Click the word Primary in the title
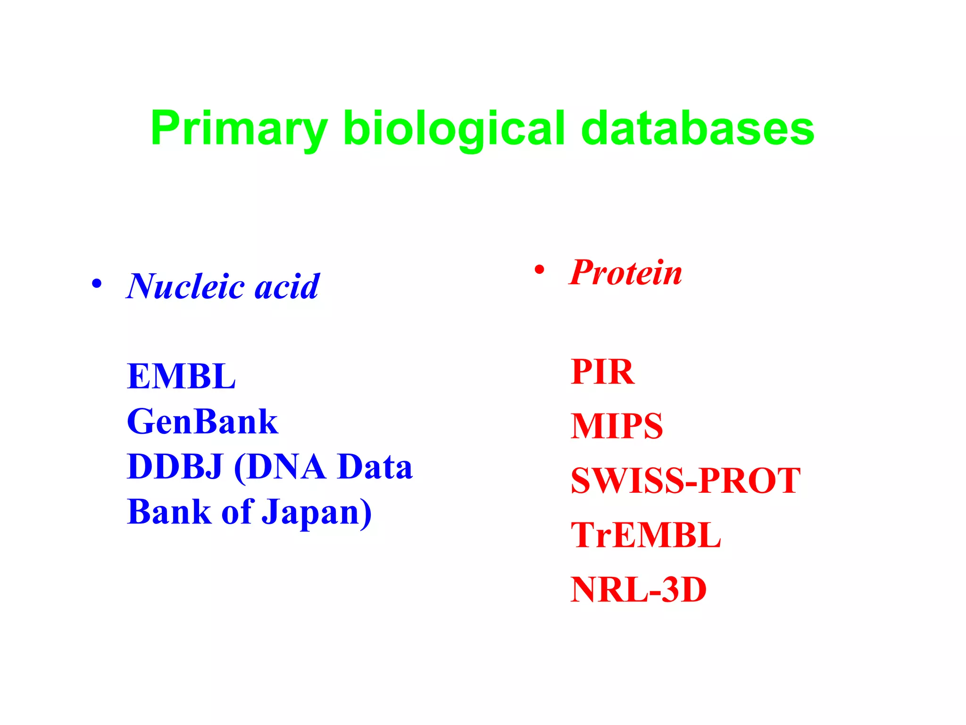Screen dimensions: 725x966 tap(239, 128)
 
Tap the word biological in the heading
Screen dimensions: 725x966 tap(454, 128)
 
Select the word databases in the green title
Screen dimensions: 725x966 tap(698, 128)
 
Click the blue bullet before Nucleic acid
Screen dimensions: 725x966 tap(97, 284)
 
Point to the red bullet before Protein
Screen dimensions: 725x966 tap(539, 270)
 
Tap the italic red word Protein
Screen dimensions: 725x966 tap(626, 273)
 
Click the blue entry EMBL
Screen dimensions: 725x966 tap(181, 377)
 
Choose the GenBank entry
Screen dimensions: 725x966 tap(202, 422)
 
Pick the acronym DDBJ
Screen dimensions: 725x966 tap(175, 467)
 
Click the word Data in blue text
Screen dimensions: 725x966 tap(375, 467)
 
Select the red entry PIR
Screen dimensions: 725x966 tap(602, 372)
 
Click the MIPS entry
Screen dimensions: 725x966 tap(616, 426)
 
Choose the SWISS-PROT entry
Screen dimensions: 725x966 tap(685, 481)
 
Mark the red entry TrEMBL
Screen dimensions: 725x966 tap(646, 535)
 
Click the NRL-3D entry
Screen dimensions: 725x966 tap(639, 590)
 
